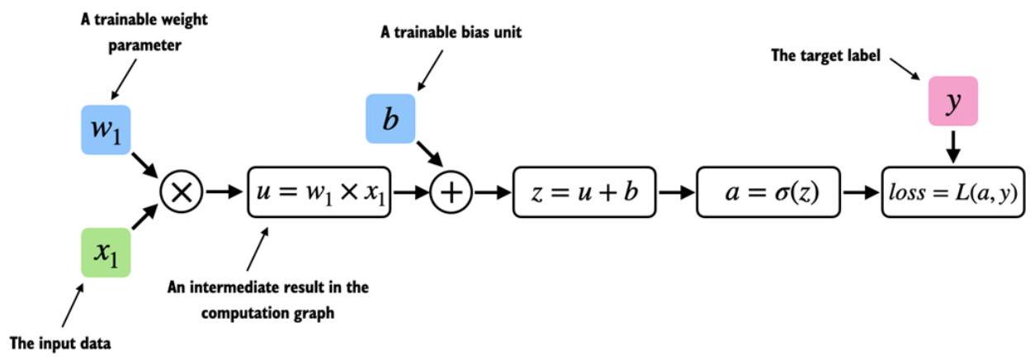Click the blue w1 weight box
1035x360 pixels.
106,130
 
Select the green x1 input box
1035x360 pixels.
106,253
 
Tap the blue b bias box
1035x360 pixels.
390,119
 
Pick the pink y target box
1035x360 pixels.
953,102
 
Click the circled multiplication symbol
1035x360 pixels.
181,192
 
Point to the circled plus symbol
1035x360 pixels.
451,192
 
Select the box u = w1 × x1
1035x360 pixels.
319,192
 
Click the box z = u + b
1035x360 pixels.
584,192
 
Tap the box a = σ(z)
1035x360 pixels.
768,192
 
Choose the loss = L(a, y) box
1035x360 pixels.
953,192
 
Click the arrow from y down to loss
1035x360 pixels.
953,147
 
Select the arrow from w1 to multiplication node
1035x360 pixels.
145,165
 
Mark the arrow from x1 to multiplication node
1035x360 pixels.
145,216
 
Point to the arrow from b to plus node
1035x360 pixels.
430,154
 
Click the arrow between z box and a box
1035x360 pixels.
677,192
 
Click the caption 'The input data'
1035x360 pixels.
60,343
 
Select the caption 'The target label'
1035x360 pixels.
825,55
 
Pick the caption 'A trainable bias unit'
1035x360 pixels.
451,32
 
